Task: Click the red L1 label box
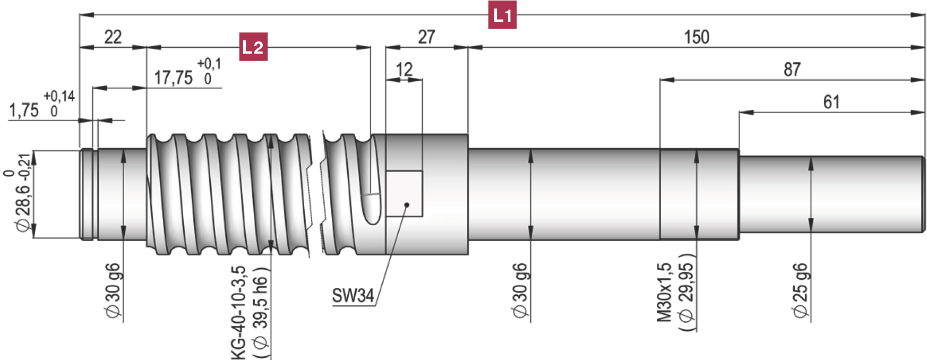point(502,15)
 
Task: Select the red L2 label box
point(253,47)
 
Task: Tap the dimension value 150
point(697,37)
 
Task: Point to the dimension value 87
point(792,70)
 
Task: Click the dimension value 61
point(831,102)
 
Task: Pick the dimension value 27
point(426,37)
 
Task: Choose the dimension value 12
point(404,70)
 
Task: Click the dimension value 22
point(113,37)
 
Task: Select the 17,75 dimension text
point(174,78)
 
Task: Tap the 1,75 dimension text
point(24,110)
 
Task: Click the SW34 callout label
point(353,295)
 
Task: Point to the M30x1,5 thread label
point(665,293)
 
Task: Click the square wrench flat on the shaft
point(404,193)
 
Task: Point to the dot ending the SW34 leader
point(407,205)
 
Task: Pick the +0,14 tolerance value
point(59,96)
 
